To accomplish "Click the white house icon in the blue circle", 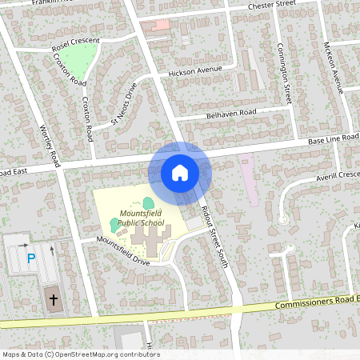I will (x=179, y=172).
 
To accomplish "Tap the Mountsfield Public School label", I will (x=142, y=218).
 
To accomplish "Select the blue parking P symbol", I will (x=31, y=258).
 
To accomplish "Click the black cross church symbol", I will (x=54, y=301).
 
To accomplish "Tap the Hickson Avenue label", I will (x=194, y=72).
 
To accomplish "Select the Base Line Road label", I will (x=329, y=141).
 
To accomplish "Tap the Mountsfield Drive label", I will (x=122, y=250).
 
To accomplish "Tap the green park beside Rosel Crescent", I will (x=78, y=58).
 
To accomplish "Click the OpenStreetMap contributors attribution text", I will (x=80, y=354).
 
